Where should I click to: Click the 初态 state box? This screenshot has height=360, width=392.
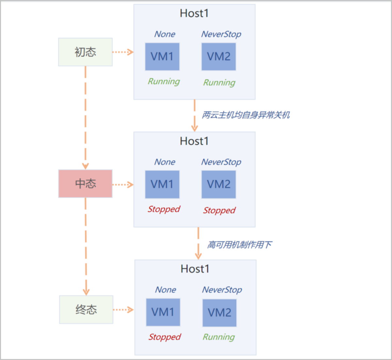click(85, 52)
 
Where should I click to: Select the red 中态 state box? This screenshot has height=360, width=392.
click(85, 183)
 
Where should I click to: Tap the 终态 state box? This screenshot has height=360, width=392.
click(86, 309)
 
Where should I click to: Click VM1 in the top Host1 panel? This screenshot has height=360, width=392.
click(162, 56)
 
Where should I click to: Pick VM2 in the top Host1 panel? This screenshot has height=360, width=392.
click(219, 56)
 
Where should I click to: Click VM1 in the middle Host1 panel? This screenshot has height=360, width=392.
click(162, 184)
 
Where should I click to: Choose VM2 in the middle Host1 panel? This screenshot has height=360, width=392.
click(219, 184)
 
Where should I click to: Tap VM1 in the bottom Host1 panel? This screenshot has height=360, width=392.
click(163, 312)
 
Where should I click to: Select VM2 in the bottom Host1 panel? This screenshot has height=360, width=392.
click(219, 313)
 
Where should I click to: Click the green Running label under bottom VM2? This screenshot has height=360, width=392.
click(219, 337)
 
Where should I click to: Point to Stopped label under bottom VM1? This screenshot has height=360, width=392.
click(164, 337)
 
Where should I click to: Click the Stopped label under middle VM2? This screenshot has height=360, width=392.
click(219, 210)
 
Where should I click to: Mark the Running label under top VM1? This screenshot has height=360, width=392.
click(164, 81)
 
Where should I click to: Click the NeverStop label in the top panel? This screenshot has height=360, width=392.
click(221, 34)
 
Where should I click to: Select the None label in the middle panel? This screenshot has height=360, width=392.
click(165, 162)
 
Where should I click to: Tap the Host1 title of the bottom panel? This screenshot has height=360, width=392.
click(195, 269)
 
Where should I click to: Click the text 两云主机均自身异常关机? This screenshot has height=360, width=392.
click(246, 115)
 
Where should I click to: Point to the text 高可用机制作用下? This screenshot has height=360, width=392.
click(239, 244)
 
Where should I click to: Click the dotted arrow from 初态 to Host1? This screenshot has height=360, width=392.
click(123, 52)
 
